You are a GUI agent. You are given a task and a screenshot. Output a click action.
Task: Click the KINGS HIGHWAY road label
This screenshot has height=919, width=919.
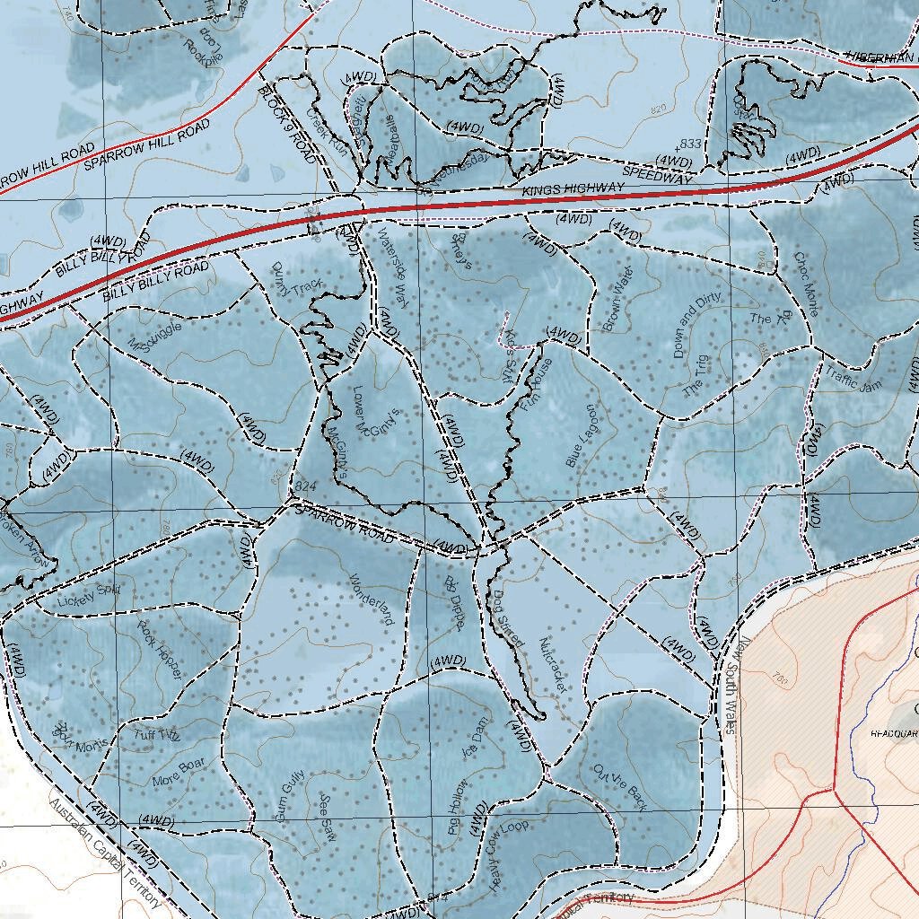573,189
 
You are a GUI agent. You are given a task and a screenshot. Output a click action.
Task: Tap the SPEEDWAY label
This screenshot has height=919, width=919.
659,175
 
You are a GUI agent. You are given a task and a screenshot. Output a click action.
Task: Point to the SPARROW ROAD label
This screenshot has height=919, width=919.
344,524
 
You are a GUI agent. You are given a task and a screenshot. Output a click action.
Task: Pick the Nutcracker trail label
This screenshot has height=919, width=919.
554,665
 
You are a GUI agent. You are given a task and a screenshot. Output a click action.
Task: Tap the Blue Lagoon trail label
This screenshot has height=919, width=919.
581,435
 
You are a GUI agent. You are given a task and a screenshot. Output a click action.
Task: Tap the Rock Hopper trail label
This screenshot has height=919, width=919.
161,648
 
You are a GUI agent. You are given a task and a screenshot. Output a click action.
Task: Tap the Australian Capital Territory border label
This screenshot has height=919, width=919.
106,853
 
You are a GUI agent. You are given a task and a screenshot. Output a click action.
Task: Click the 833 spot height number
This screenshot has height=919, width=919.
690,144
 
